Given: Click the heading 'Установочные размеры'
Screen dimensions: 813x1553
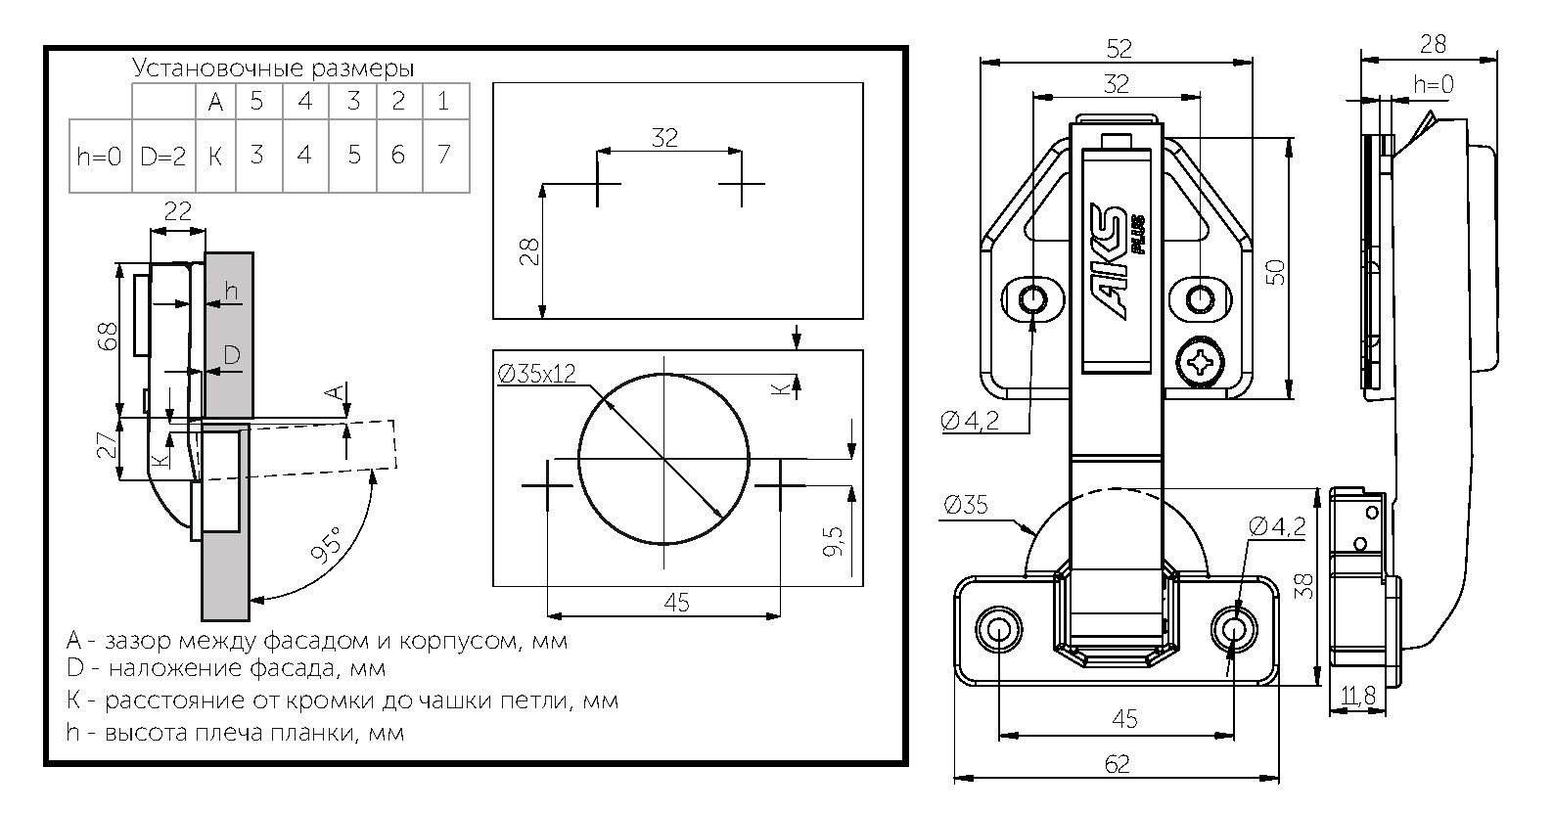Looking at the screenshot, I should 273,68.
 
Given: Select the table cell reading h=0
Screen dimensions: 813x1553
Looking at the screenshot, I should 100,156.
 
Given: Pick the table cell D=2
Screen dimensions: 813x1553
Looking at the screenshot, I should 163,156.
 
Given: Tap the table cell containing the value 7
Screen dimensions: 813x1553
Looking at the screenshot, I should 445,155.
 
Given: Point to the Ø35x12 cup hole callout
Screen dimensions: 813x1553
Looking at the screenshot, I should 536,374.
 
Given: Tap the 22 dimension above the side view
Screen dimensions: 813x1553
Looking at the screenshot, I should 178,210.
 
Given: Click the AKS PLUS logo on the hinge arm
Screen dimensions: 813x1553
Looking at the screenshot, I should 1119,261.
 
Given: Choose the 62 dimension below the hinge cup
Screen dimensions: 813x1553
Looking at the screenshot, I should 1117,763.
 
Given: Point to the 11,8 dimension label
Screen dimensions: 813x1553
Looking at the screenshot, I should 1358,696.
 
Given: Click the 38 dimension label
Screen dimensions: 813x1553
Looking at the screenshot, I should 1304,585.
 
